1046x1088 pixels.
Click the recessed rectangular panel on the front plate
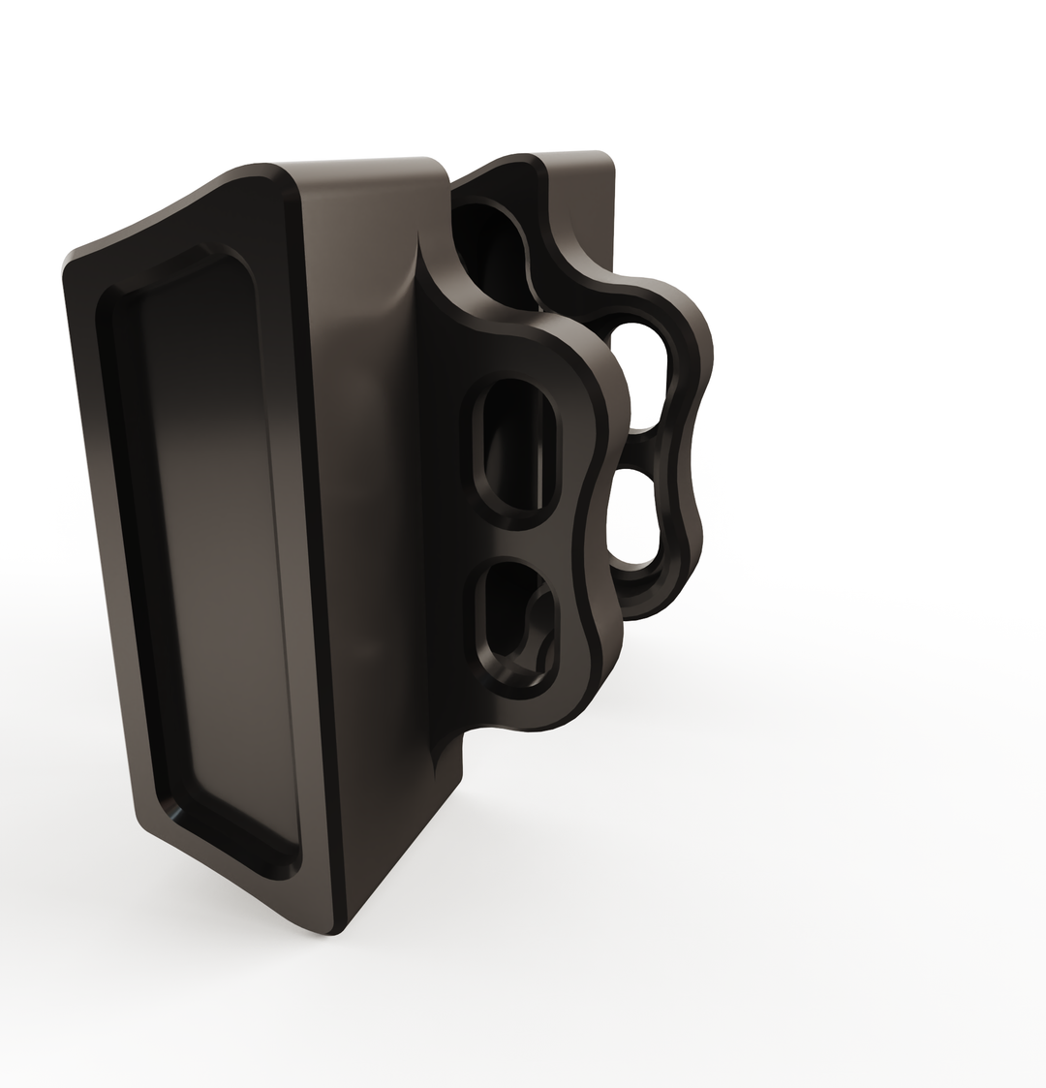tap(208, 552)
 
